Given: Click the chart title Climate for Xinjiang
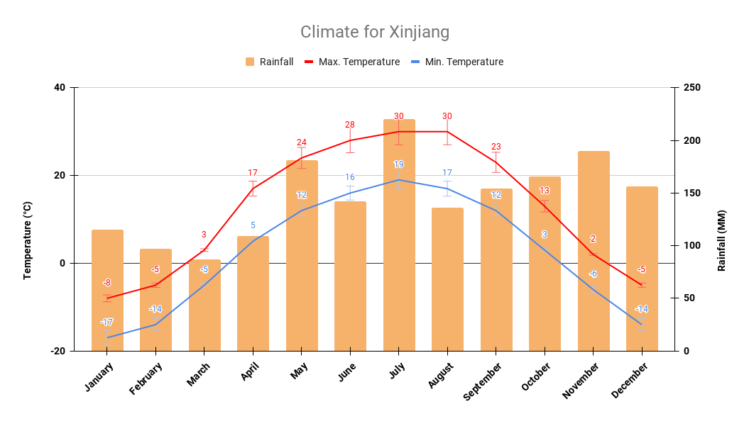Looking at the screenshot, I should [374, 32].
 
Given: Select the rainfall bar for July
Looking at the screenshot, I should [399, 234].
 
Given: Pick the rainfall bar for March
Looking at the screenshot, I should [204, 305].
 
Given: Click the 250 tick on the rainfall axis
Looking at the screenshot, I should [692, 88].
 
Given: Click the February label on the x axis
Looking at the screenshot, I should [146, 378].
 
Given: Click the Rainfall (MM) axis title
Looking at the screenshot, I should [721, 240].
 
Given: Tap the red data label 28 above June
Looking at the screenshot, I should [350, 125].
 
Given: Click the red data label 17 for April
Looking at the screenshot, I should [253, 173].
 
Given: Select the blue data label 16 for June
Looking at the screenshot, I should [350, 177].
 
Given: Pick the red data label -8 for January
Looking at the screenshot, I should [106, 283].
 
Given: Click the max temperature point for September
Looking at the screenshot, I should [496, 162].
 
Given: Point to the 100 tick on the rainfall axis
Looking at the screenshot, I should [692, 246].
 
